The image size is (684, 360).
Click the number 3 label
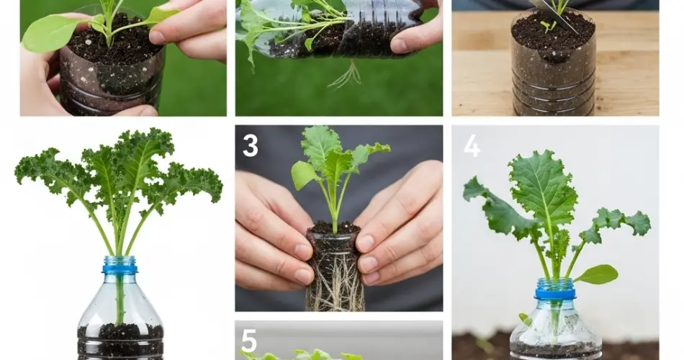pyautogui.click(x=251, y=145)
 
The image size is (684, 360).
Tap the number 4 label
pyautogui.click(x=472, y=145)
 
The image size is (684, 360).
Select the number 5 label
pyautogui.click(x=248, y=341)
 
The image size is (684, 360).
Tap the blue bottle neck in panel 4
pyautogui.click(x=555, y=289)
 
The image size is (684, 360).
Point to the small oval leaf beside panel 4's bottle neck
pyautogui.click(x=596, y=274)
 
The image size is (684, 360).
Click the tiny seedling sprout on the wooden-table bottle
pyautogui.click(x=547, y=26)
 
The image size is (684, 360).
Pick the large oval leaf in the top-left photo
pyautogui.click(x=52, y=32)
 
